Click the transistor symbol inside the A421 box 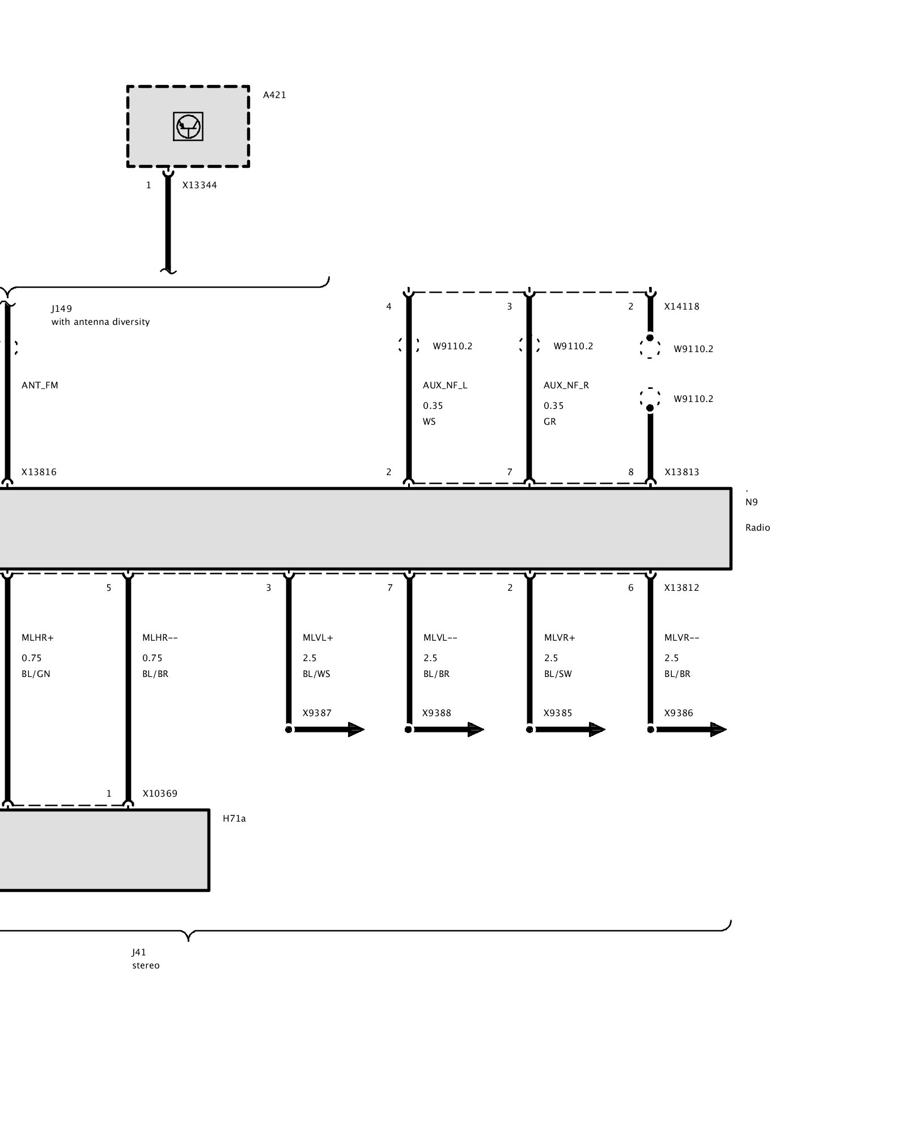188,126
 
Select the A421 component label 274,95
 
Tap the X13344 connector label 200,185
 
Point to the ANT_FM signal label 40,386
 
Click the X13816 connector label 39,472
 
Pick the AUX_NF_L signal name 445,386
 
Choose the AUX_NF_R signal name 566,386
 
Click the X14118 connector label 682,307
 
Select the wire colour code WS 429,422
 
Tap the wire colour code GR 550,422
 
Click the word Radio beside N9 758,528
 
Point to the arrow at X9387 327,729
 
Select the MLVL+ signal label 318,638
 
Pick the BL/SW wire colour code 558,674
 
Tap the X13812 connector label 682,588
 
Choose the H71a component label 234,819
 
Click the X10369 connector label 160,794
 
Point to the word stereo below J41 146,966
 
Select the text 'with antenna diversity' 100,322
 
